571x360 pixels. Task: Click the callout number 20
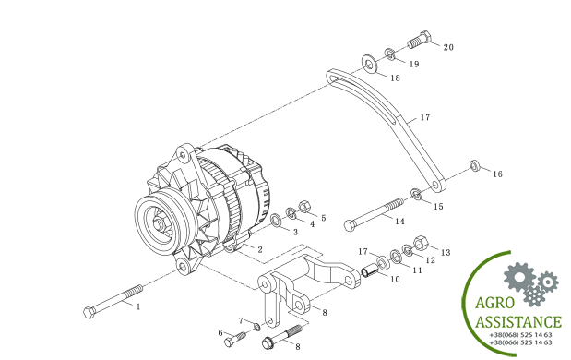click(448, 47)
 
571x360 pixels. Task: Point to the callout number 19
click(414, 64)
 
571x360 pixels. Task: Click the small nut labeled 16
click(474, 165)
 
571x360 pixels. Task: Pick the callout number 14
click(399, 222)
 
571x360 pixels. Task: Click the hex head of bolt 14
click(350, 225)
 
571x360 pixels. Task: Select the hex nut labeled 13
click(421, 243)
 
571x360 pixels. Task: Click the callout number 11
click(417, 270)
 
